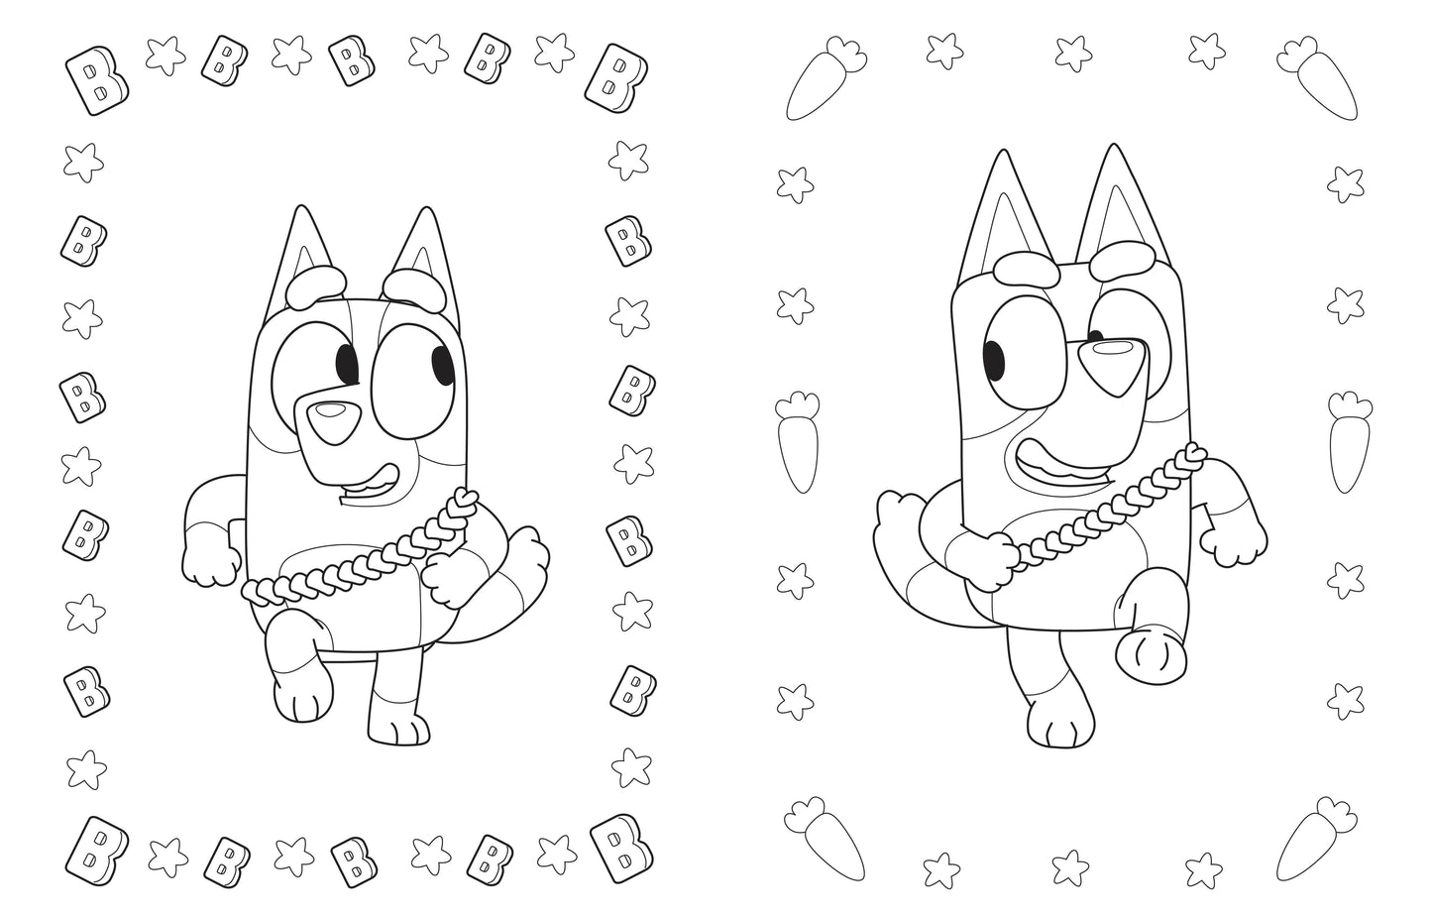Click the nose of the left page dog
334,422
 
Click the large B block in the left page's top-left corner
96,80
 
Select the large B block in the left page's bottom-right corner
621,848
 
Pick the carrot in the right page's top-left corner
824,79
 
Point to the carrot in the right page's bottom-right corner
1316,839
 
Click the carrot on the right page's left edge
798,442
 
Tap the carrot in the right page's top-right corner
1318,79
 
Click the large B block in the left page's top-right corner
615,78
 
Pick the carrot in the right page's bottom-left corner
824,838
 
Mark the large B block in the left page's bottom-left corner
96,851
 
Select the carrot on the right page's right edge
1350,442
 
